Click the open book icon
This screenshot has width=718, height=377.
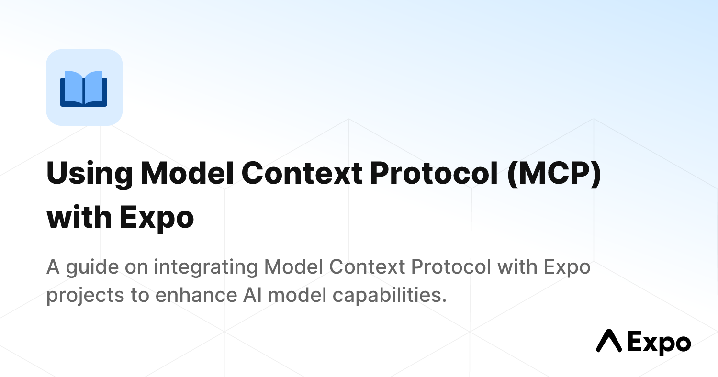84,88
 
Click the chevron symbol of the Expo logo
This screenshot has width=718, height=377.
608,341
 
